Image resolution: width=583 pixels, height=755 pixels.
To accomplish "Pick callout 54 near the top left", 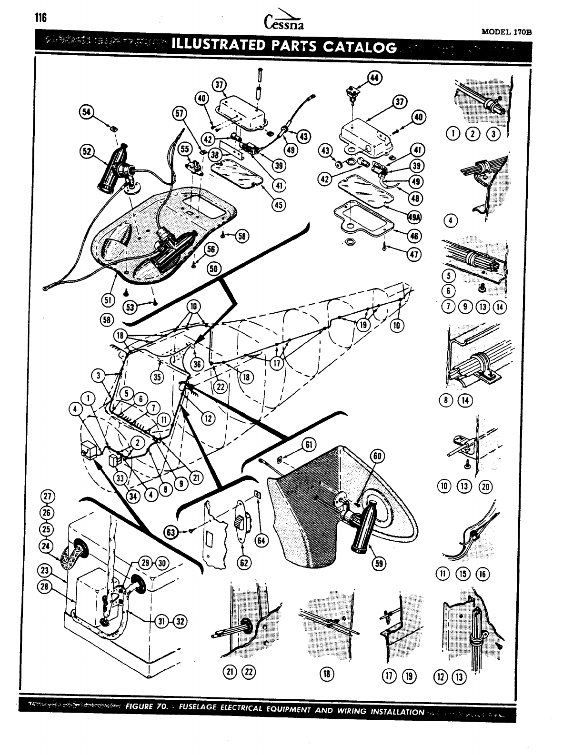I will [86, 112].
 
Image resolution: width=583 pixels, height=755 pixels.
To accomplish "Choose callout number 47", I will [414, 255].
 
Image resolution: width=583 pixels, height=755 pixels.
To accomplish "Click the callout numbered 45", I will [277, 205].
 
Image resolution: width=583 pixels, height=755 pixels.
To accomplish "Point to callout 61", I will [308, 446].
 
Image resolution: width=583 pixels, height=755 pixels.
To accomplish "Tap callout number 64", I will [262, 540].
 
